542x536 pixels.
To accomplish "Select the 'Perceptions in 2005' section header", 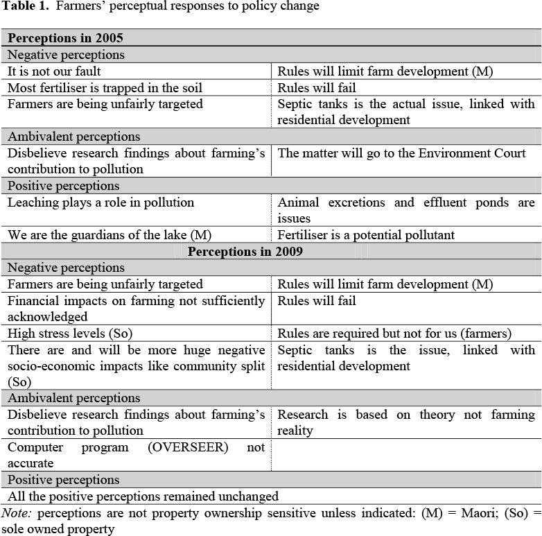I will pyautogui.click(x=65, y=38).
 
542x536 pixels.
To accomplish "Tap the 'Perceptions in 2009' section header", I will pyautogui.click(x=245, y=251).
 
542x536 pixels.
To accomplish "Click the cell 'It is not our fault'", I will pyautogui.click(x=55, y=71).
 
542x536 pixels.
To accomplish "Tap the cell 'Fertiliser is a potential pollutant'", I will pyautogui.click(x=366, y=235).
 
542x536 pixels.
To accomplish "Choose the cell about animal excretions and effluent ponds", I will pyautogui.click(x=406, y=210).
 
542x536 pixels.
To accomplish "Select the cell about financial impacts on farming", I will pyautogui.click(x=136, y=309).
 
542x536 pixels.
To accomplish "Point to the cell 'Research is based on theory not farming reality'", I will pyautogui.click(x=406, y=422).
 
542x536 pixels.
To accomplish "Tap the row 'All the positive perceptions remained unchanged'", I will pyautogui.click(x=143, y=496).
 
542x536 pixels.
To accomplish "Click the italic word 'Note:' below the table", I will pyautogui.click(x=17, y=513).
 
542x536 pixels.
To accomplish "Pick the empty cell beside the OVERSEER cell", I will pyautogui.click(x=406, y=455).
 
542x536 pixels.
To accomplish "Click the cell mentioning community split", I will pyautogui.click(x=136, y=365).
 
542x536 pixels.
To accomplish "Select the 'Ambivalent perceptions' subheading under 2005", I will pyautogui.click(x=73, y=137).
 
